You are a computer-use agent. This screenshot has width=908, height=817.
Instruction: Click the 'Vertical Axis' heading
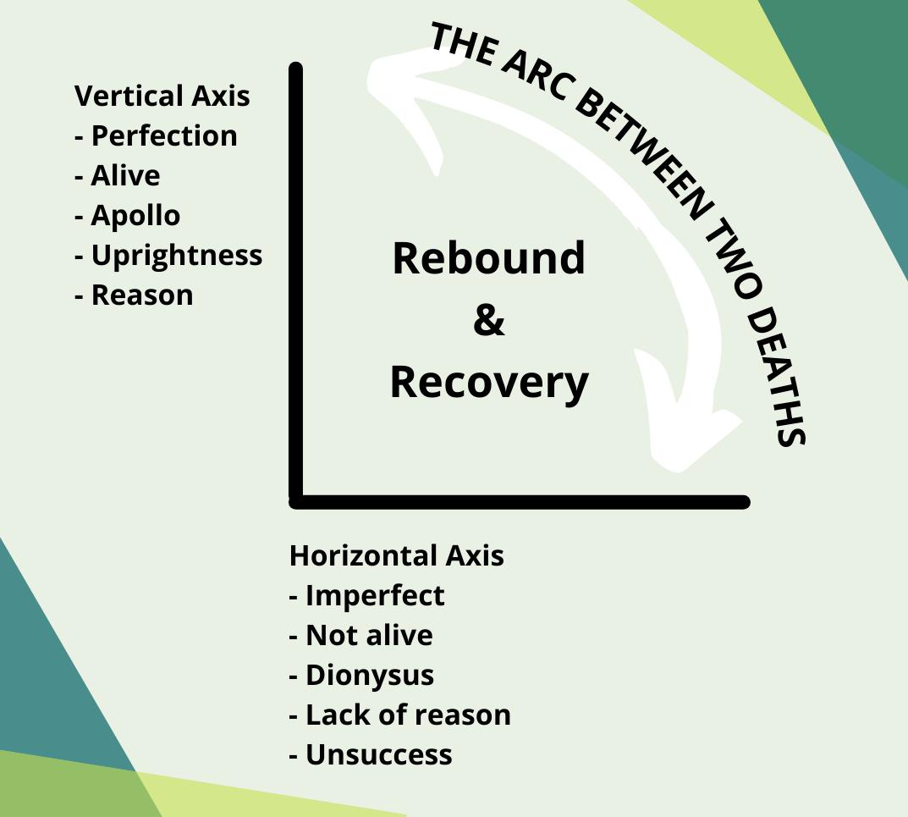[162, 96]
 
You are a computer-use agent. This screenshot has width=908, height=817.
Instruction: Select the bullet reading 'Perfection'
[163, 135]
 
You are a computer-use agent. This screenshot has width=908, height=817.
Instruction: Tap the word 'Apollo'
[135, 215]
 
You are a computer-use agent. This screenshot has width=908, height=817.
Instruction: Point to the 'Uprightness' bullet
[176, 255]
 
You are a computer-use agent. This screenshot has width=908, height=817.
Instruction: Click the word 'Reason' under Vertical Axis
[141, 295]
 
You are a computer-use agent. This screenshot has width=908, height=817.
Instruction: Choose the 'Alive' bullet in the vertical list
[124, 175]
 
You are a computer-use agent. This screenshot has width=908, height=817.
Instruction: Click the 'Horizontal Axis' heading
[396, 555]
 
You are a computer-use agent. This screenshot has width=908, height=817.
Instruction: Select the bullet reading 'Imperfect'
[374, 595]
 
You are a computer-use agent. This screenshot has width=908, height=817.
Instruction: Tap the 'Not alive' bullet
[368, 635]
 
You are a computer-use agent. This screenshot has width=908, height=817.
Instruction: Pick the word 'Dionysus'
[369, 675]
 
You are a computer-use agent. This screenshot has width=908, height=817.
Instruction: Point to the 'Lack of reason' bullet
[407, 715]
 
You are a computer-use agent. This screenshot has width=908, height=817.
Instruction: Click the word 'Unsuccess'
[378, 754]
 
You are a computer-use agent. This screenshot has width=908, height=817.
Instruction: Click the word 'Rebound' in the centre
[488, 257]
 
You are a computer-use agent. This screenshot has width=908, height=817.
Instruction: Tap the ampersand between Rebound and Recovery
[488, 319]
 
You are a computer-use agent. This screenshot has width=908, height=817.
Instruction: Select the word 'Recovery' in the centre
[488, 381]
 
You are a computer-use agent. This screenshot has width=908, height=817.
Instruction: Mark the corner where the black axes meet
[296, 501]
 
